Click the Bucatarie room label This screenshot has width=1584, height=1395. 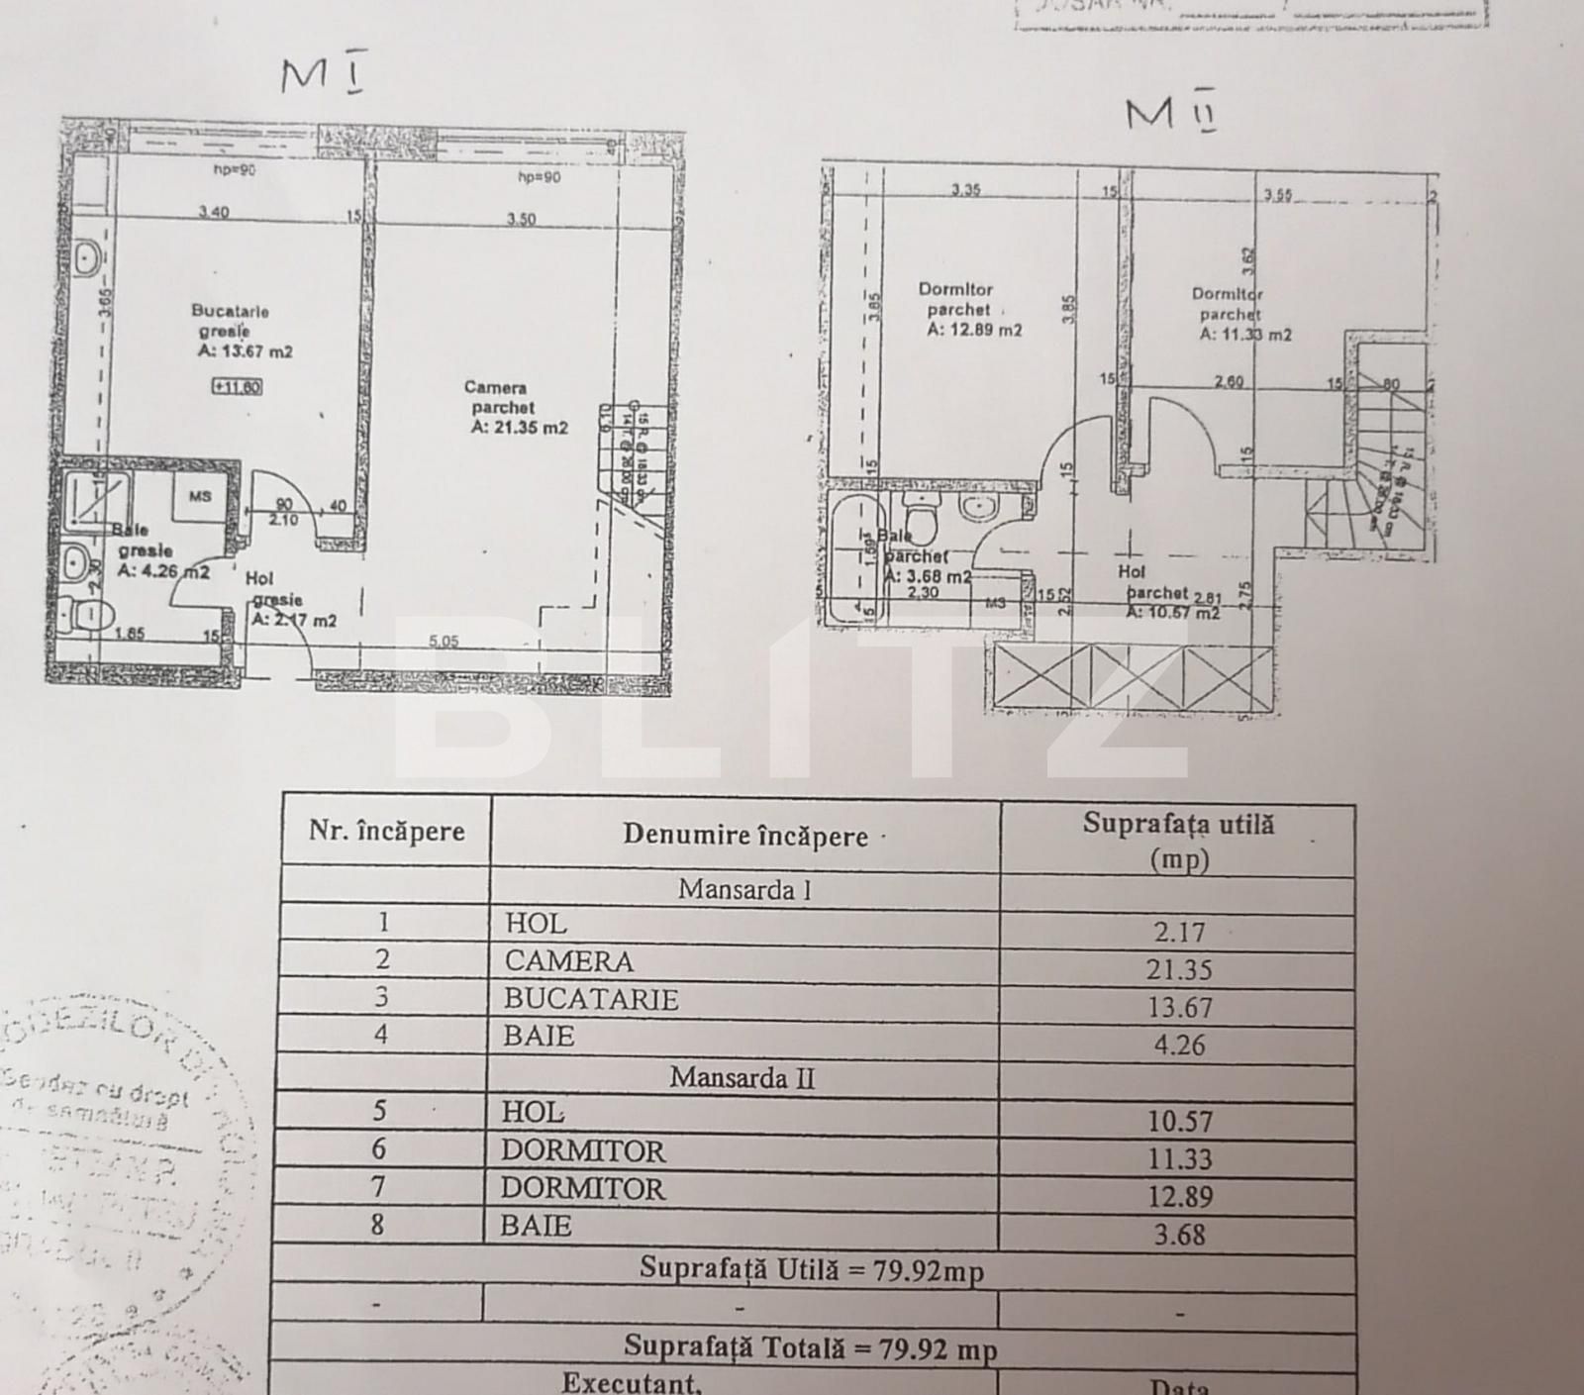click(230, 311)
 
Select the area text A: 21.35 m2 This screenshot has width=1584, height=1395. click(520, 428)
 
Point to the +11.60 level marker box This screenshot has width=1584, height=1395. click(237, 387)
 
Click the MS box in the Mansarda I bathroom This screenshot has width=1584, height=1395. click(200, 496)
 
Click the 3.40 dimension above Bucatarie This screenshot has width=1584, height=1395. click(214, 212)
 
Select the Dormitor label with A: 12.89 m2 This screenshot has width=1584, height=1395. click(955, 290)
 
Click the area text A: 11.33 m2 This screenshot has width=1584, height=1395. click(1245, 335)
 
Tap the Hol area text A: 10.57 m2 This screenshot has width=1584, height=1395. click(1172, 613)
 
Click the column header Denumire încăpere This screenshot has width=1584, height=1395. click(744, 836)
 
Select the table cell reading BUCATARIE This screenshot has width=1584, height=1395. click(591, 999)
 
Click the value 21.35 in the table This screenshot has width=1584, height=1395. click(1178, 970)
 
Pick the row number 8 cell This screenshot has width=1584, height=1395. click(377, 1225)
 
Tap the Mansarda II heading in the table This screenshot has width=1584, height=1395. click(742, 1077)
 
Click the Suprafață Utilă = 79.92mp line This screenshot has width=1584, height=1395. click(812, 1269)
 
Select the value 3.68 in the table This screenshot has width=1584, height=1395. click(1178, 1235)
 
